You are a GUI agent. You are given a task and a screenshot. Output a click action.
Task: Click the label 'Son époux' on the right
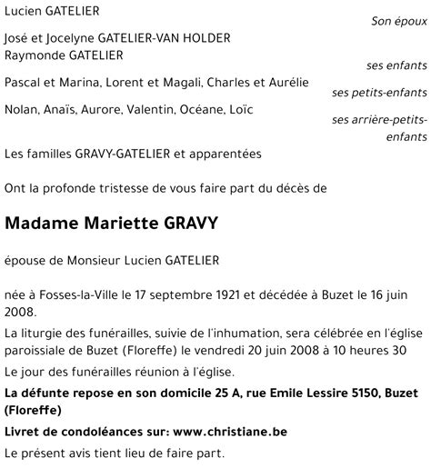pos(399,20)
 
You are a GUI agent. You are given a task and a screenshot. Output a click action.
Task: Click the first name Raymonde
pos(35,55)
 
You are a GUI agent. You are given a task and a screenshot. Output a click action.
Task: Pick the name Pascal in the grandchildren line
pos(24,83)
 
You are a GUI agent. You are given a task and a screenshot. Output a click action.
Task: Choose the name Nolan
pos(22,110)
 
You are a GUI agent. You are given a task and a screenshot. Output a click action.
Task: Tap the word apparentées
pos(227,154)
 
